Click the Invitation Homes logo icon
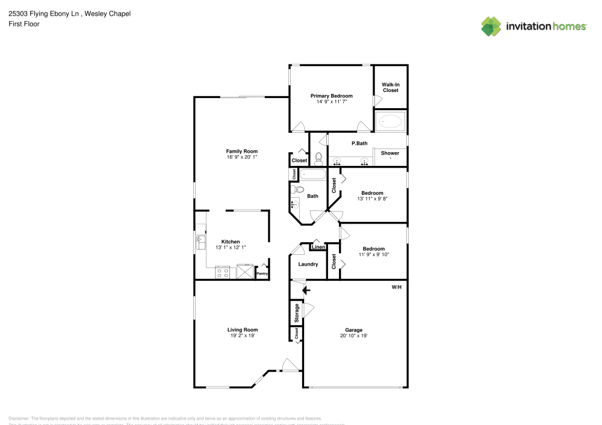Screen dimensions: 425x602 click(491, 26)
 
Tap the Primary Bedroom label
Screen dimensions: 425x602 click(331, 96)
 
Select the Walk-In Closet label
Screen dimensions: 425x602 click(390, 88)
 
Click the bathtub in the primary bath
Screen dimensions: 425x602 click(390, 121)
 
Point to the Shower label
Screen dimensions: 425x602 click(389, 153)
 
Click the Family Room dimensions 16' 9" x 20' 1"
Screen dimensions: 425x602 click(241, 157)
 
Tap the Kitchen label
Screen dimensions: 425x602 click(231, 242)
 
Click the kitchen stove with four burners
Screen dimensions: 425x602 click(222, 272)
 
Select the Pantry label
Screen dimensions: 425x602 click(262, 274)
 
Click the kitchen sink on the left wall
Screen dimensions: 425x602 click(199, 242)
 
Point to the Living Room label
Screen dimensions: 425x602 click(242, 329)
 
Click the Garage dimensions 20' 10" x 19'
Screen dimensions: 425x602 click(353, 336)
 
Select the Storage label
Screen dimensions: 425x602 click(296, 313)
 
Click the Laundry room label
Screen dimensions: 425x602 click(308, 264)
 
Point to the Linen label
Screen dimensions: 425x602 click(318, 247)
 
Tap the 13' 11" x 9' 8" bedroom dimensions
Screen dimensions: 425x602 click(372, 199)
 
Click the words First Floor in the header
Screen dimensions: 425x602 click(23, 24)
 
